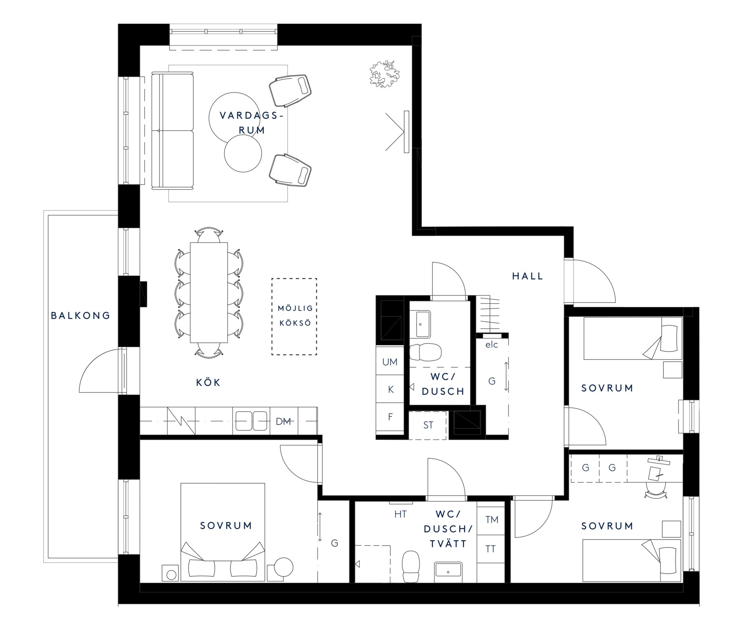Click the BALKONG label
coord(81,315)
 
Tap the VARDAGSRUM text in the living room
coord(251,123)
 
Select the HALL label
coord(528,276)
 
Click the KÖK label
coord(208,382)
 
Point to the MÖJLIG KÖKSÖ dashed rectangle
coord(294,316)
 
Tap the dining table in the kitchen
coord(209,293)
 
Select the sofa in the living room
coord(172,131)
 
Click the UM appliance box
coord(390,362)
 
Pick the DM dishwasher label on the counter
coord(283,421)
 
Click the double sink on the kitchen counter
coord(251,421)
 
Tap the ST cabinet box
coord(428,425)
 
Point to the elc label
coord(492,345)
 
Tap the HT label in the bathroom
coord(401,515)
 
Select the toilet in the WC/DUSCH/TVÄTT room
coord(411,567)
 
